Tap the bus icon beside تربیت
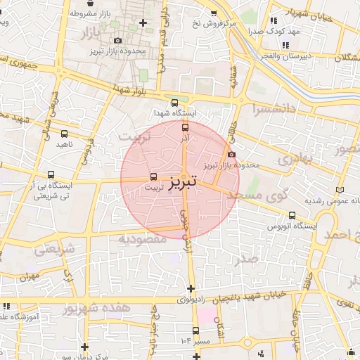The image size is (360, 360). [x=155, y=176]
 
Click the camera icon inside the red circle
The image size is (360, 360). [x=232, y=155]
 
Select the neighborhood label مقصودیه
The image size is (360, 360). [x=141, y=239]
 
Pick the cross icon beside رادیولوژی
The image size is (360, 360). [x=191, y=288]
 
